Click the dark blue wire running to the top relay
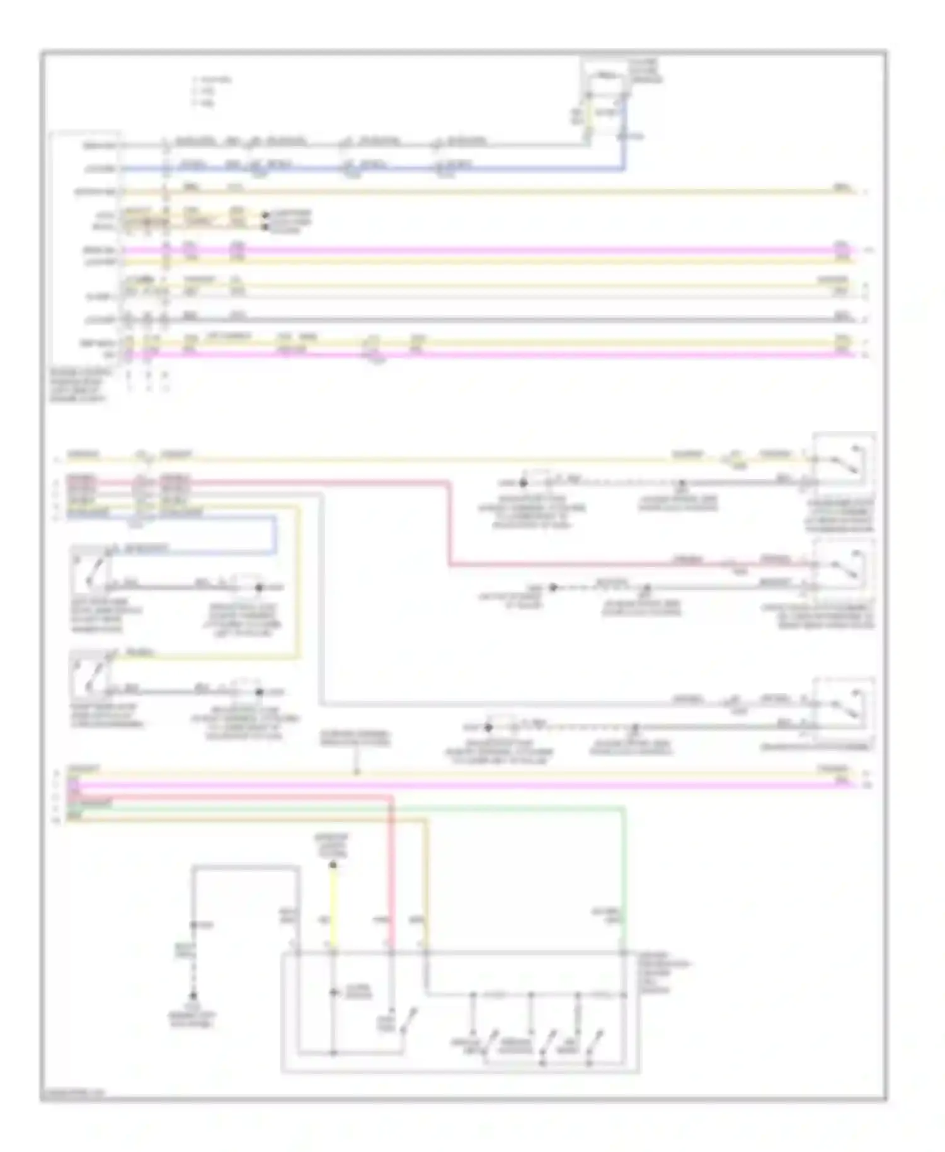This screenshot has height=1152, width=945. pyautogui.click(x=378, y=169)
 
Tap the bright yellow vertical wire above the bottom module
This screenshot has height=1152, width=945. pyautogui.click(x=333, y=907)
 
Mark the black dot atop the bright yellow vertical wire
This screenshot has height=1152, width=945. pyautogui.click(x=333, y=865)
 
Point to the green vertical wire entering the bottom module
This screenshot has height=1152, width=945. pyautogui.click(x=624, y=882)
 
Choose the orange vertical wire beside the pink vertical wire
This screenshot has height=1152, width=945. pyautogui.click(x=426, y=895)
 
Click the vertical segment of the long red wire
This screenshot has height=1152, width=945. pyautogui.click(x=450, y=523)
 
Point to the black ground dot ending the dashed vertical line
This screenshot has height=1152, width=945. pyautogui.click(x=193, y=996)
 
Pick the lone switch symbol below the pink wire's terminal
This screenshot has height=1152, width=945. pyautogui.click(x=403, y=1022)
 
